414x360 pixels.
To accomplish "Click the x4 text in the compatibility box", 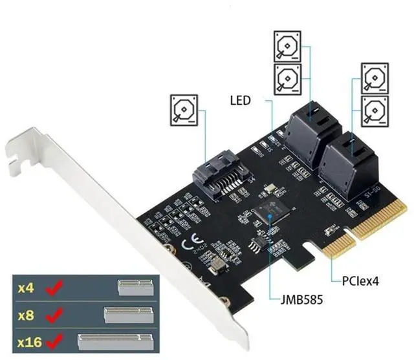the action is pos(25,288).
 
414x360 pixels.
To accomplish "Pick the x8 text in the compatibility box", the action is pos(25,315).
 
